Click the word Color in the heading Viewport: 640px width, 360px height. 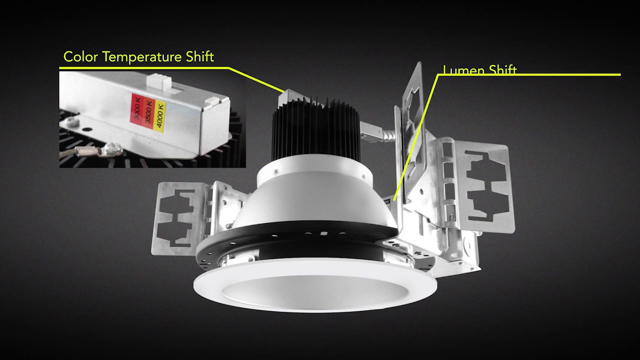coord(76,57)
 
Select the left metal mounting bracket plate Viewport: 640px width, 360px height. coord(180,217)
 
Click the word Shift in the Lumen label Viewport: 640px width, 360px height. coord(501,70)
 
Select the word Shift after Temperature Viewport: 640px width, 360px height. coord(199,57)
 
